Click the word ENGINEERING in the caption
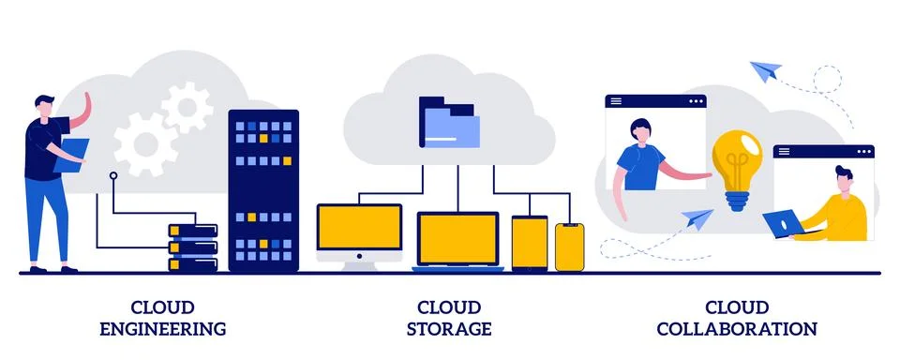[162, 329]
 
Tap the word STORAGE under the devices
[450, 329]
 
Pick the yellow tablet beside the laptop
[529, 243]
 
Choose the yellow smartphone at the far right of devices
[569, 247]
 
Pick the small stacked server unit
[192, 246]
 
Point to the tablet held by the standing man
[70, 156]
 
